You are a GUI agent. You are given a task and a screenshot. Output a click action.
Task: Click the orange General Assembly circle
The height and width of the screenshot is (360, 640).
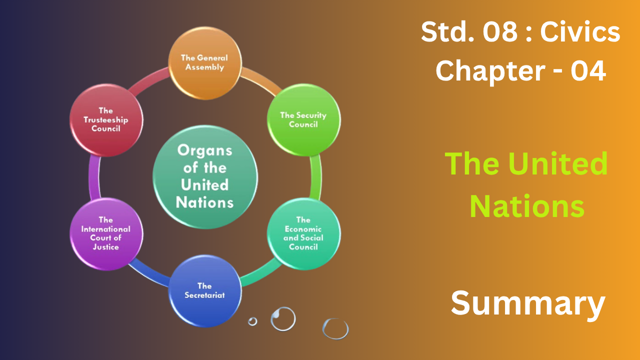click(x=205, y=63)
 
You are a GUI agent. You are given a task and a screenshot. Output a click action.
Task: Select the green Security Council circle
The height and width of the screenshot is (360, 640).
click(x=303, y=120)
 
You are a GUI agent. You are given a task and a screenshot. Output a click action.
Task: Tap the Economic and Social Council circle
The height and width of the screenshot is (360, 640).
click(x=303, y=233)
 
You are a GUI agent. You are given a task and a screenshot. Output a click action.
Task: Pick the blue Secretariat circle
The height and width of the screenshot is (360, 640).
click(x=205, y=291)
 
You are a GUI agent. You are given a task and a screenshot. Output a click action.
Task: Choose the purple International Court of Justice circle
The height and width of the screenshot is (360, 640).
click(x=106, y=233)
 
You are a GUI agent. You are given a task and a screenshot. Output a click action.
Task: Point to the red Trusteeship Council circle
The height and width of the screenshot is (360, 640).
click(x=106, y=120)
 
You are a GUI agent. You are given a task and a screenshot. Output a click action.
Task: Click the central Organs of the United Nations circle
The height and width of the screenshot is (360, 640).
click(x=205, y=177)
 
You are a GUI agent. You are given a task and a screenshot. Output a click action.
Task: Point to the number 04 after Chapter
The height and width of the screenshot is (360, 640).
click(x=588, y=70)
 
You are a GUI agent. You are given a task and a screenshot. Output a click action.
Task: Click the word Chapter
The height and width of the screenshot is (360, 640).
click(x=490, y=71)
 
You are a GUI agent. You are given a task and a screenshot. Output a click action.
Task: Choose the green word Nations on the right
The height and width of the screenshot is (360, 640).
click(x=527, y=206)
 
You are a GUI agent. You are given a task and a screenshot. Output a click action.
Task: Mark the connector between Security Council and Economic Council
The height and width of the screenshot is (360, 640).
click(x=315, y=177)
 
